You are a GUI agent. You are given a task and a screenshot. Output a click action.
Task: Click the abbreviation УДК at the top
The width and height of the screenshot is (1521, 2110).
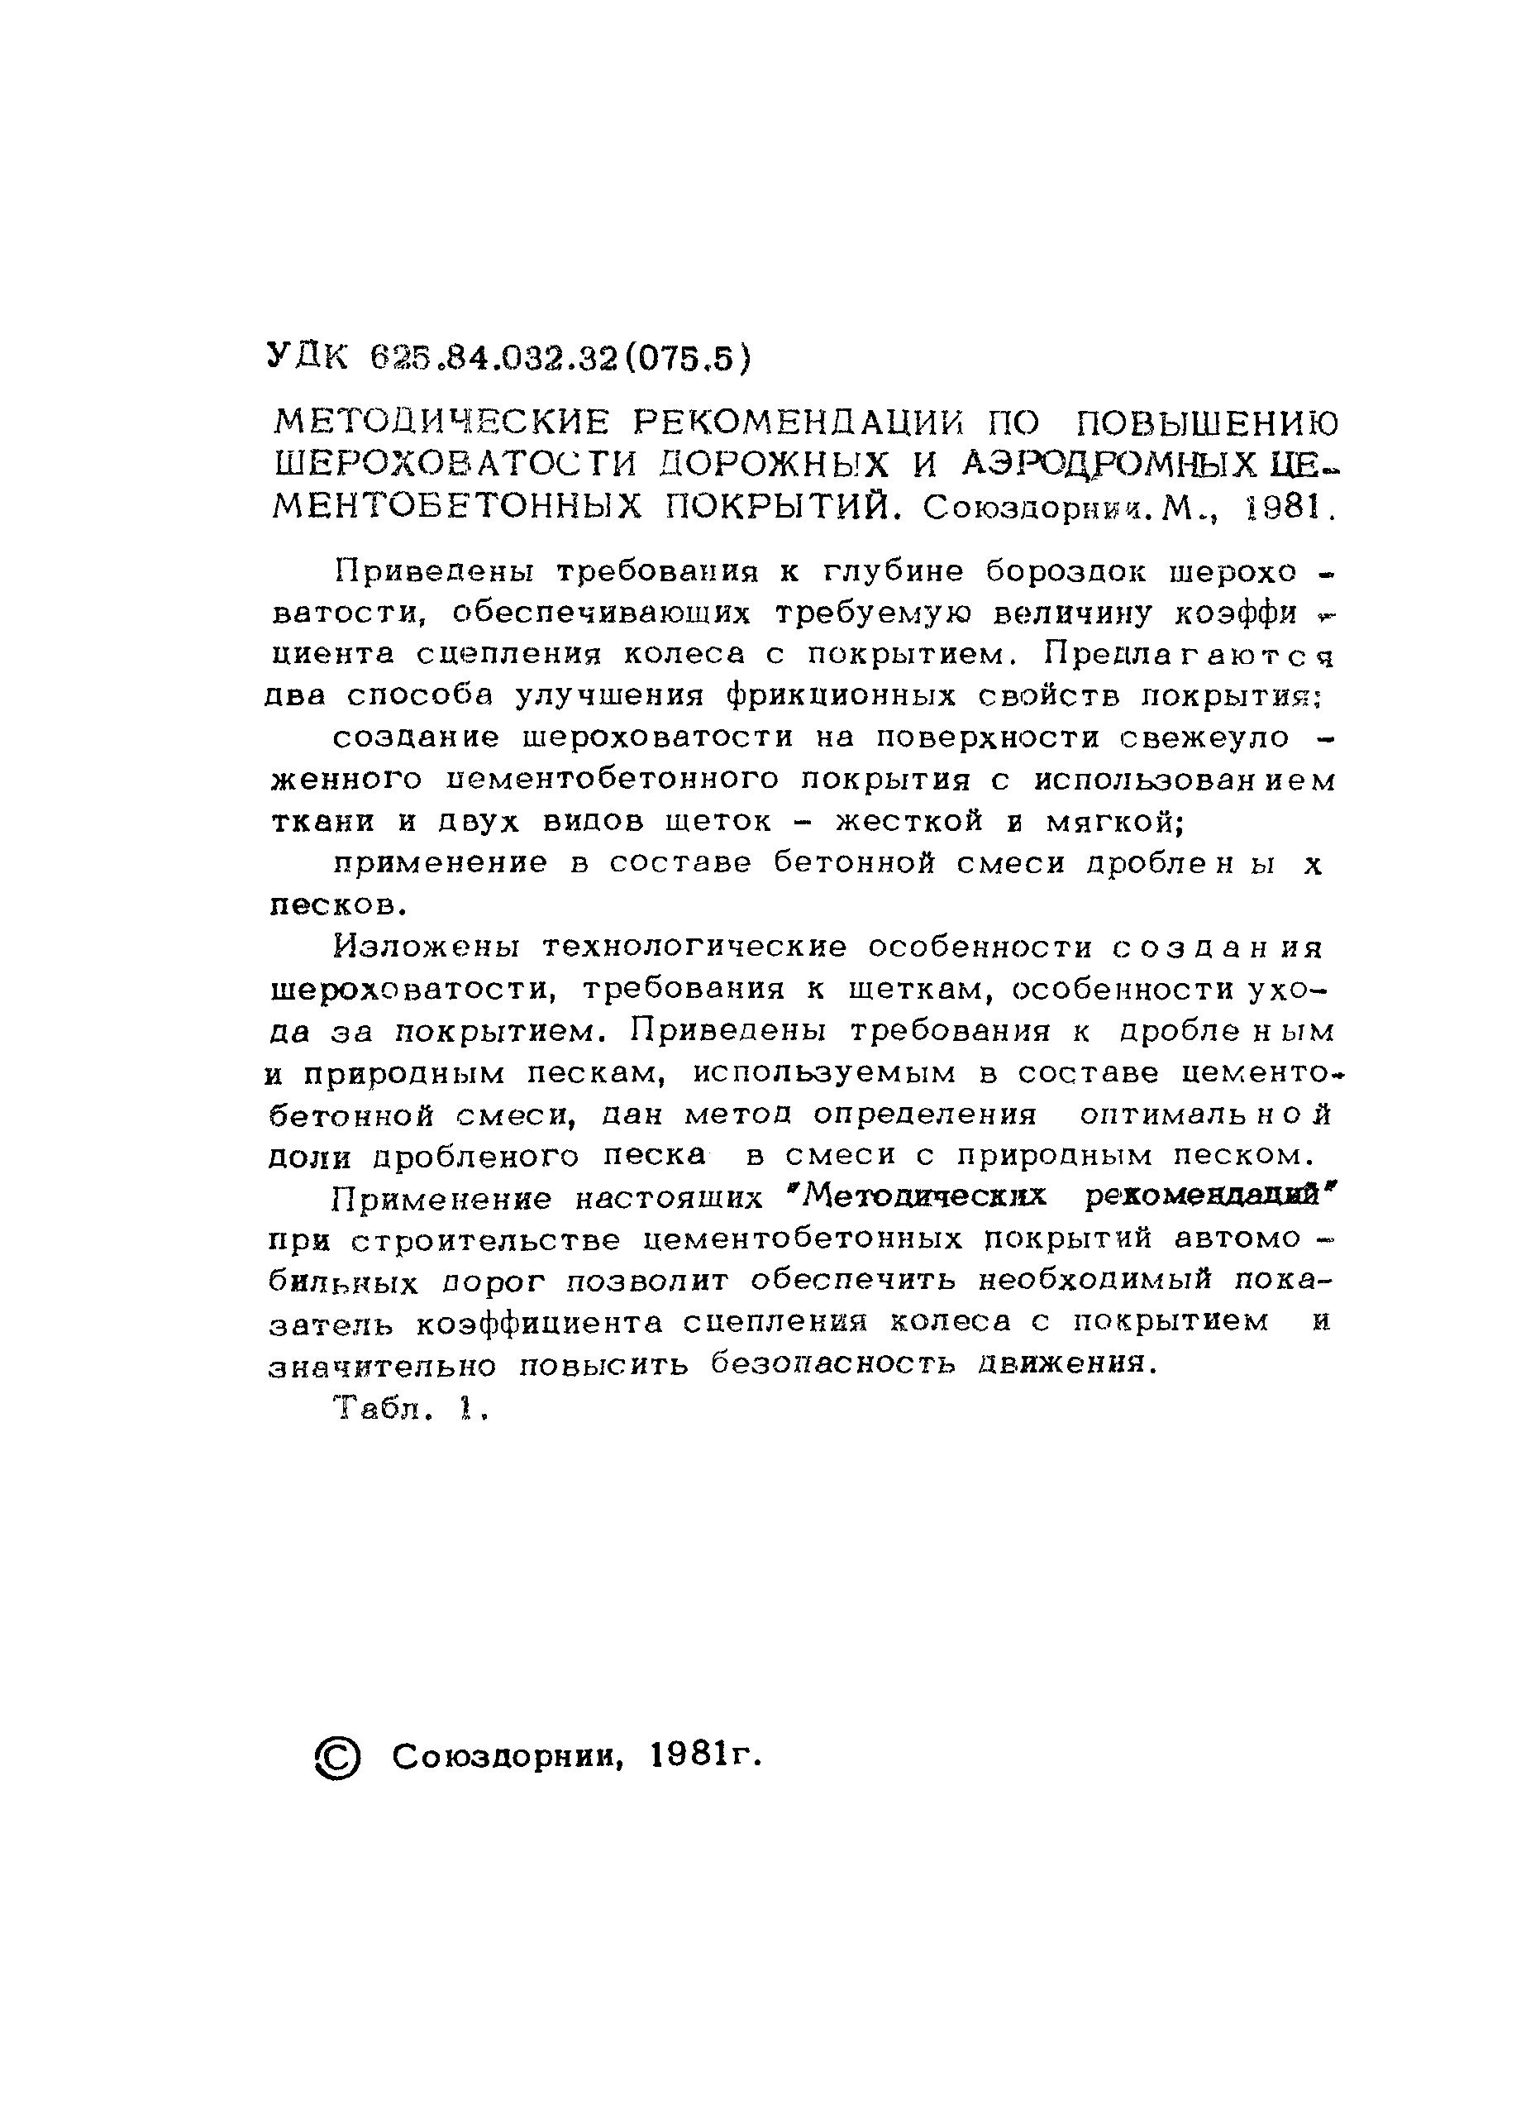305,356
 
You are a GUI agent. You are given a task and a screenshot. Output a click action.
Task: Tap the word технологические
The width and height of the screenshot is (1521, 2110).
694,946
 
